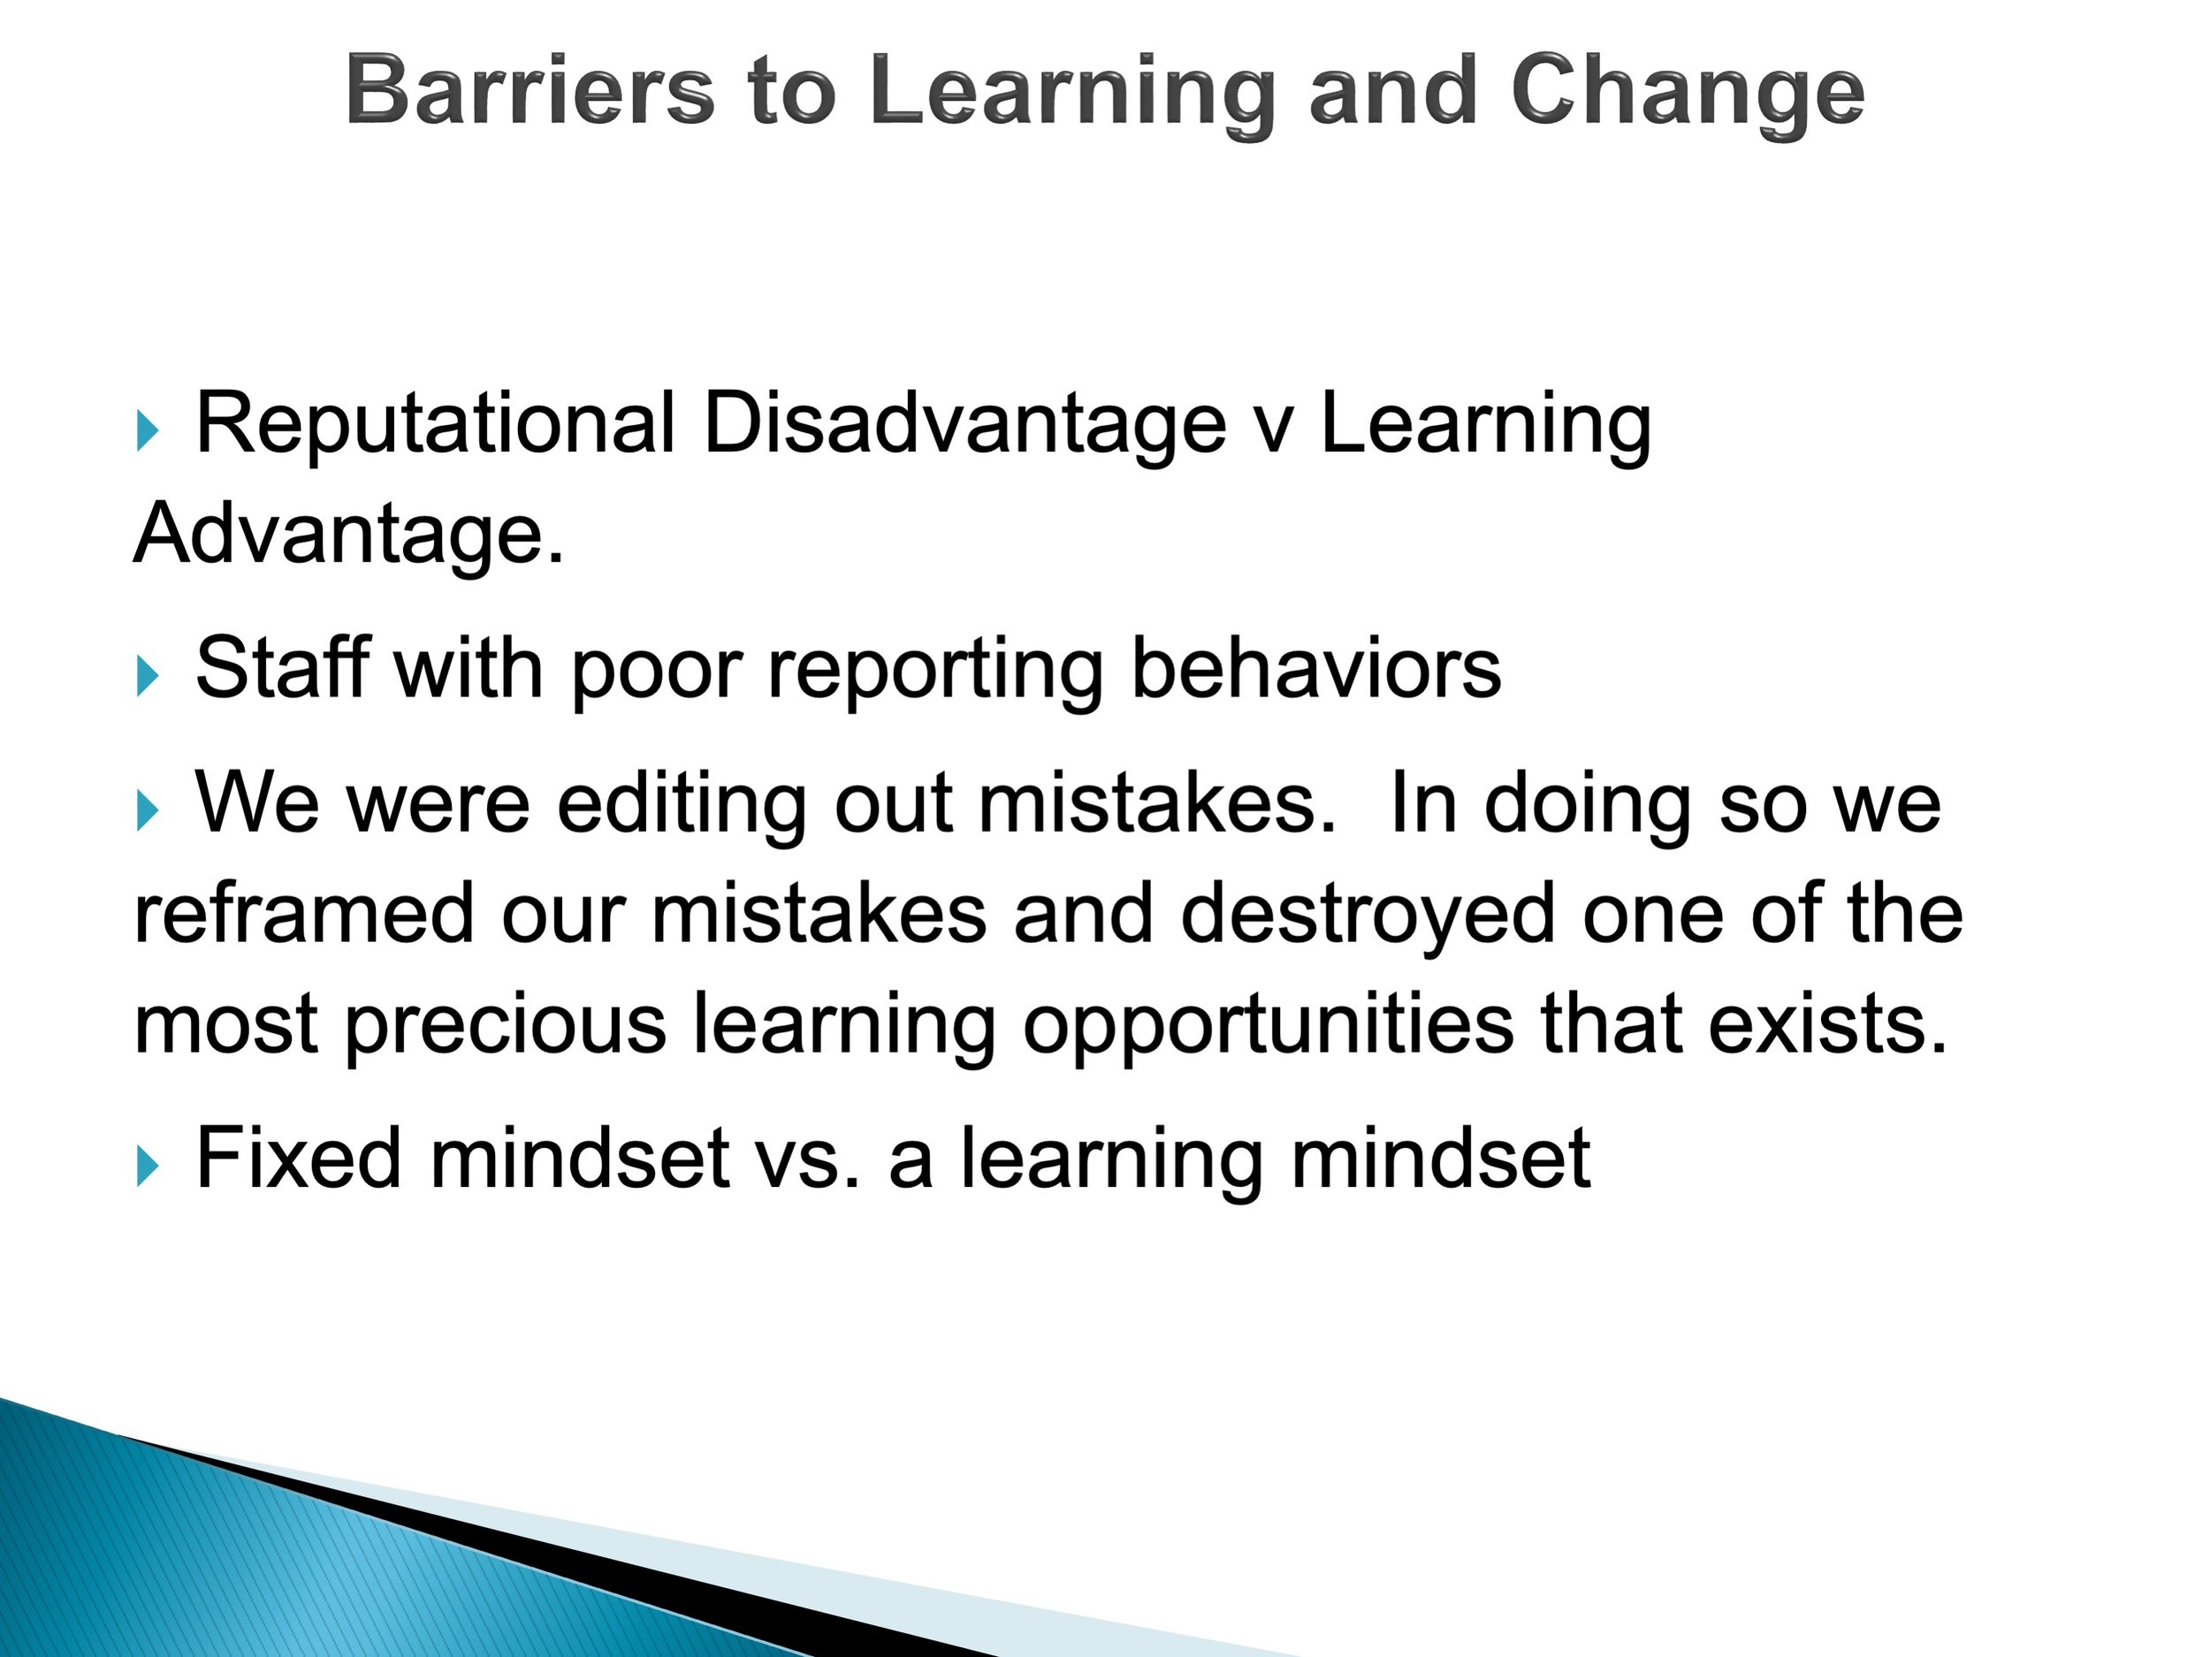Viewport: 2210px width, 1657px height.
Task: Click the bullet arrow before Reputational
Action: click(x=147, y=431)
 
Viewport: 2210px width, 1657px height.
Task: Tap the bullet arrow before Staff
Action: click(x=147, y=676)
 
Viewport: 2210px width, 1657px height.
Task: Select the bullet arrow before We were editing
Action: click(x=147, y=811)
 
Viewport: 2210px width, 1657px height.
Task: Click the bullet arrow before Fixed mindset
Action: click(x=147, y=1166)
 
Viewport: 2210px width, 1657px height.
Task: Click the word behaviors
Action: click(x=1315, y=666)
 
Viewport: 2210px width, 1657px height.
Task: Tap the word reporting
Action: click(x=935, y=671)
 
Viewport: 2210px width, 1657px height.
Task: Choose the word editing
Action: click(x=682, y=806)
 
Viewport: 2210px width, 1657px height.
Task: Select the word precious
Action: click(x=505, y=1027)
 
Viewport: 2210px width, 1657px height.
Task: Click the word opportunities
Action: click(x=1268, y=1027)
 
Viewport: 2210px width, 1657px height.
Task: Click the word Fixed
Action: click(x=299, y=1157)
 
